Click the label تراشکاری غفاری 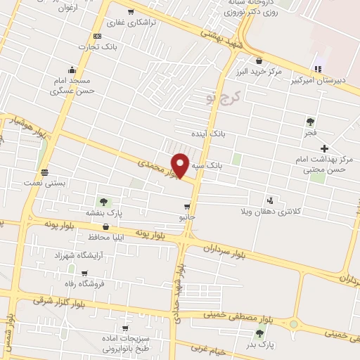point(149,22)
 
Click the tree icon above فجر point(310,122)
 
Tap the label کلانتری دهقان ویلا point(271,211)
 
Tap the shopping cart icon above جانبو point(186,207)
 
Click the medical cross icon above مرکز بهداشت point(324,148)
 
